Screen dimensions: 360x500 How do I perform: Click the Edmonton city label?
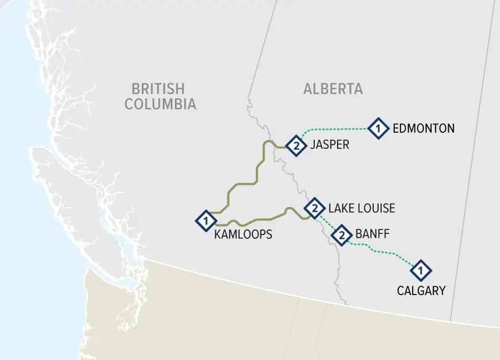tap(423, 128)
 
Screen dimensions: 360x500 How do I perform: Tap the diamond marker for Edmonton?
tap(378, 129)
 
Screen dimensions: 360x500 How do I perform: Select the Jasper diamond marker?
tap(296, 146)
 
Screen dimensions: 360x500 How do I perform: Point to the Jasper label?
tap(330, 145)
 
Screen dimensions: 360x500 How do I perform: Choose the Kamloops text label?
tap(243, 234)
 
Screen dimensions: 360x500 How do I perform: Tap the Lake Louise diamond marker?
tap(314, 208)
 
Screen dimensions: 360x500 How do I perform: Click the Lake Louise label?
tap(362, 208)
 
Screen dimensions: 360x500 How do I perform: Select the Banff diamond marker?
tap(342, 236)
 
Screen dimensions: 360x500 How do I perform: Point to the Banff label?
tap(373, 234)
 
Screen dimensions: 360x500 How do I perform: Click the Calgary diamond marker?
tap(421, 271)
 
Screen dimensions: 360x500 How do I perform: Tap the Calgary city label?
tap(421, 290)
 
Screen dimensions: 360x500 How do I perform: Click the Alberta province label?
tap(333, 89)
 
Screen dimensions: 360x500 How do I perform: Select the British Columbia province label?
tap(160, 96)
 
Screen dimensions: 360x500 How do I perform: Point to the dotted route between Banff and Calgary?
tap(383, 253)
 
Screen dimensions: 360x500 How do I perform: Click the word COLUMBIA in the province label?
tap(160, 104)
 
